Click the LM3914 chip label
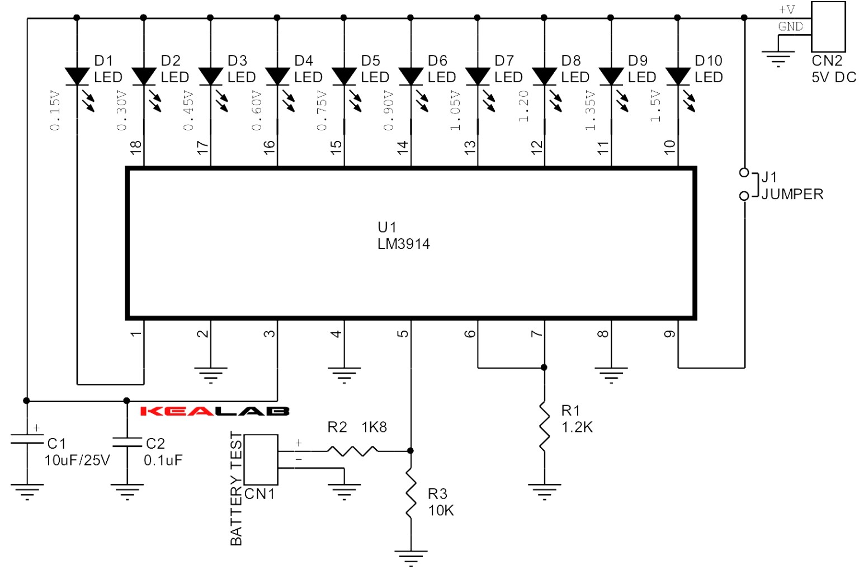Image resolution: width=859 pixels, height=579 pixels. pyautogui.click(x=403, y=244)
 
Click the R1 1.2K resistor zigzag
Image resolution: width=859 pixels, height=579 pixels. pyautogui.click(x=544, y=426)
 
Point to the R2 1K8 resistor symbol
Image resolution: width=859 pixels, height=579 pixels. pyautogui.click(x=352, y=450)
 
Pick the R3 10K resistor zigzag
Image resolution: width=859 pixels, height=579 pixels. pyautogui.click(x=411, y=495)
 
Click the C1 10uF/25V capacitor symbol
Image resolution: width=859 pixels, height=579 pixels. pyautogui.click(x=27, y=441)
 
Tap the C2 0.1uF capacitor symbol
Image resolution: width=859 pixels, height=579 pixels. pyautogui.click(x=127, y=443)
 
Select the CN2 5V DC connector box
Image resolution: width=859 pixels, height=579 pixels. pyautogui.click(x=828, y=27)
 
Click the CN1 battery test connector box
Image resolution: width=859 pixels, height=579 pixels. pyautogui.click(x=261, y=459)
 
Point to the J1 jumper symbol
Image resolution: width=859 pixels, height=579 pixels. pyautogui.click(x=744, y=184)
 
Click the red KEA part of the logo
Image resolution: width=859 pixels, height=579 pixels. pyautogui.click(x=177, y=411)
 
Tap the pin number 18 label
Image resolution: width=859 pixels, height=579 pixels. pyautogui.click(x=136, y=147)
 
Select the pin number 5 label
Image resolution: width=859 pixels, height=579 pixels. pyautogui.click(x=403, y=334)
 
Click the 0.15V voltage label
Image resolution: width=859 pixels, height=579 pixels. pyautogui.click(x=55, y=111)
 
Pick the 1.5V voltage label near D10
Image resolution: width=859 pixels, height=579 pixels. pyautogui.click(x=655, y=106)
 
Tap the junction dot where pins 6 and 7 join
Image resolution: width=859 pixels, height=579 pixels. pyautogui.click(x=544, y=368)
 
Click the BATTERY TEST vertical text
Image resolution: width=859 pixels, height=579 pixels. pyautogui.click(x=236, y=488)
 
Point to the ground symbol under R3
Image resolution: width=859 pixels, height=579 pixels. pyautogui.click(x=411, y=557)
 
